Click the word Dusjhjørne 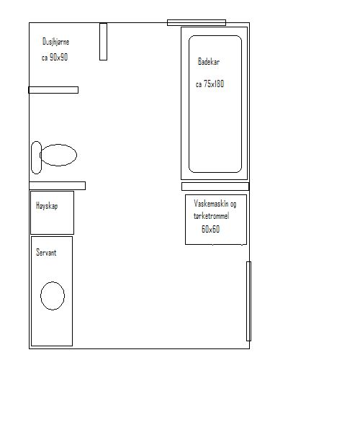pyautogui.click(x=55, y=42)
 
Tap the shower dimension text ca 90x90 pyautogui.click(x=55, y=57)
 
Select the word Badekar pyautogui.click(x=209, y=61)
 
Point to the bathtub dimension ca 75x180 pyautogui.click(x=210, y=84)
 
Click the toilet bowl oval pyautogui.click(x=58, y=155)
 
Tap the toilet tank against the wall pyautogui.click(x=36, y=158)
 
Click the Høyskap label pyautogui.click(x=47, y=206)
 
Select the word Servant pyautogui.click(x=46, y=253)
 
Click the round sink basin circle pyautogui.click(x=53, y=296)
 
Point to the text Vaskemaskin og pyautogui.click(x=215, y=204)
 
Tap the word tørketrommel pyautogui.click(x=211, y=216)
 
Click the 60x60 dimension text pyautogui.click(x=210, y=229)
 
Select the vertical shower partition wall pyautogui.click(x=103, y=42)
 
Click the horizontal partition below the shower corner pyautogui.click(x=53, y=90)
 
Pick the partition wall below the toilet pyautogui.click(x=58, y=186)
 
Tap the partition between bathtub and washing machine pyautogui.click(x=215, y=186)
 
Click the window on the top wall pyautogui.click(x=197, y=22)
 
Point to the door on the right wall pyautogui.click(x=248, y=301)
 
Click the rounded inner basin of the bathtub pyautogui.click(x=189, y=104)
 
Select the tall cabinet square pyautogui.click(x=52, y=212)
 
